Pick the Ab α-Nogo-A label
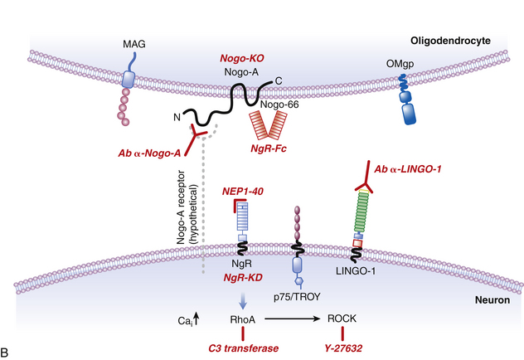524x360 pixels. tap(158, 154)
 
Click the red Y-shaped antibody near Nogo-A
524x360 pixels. tap(196, 137)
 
